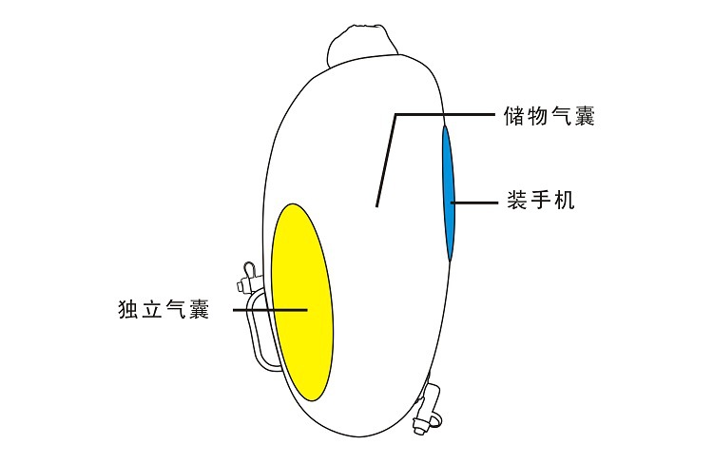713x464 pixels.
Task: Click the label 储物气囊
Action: pos(550,117)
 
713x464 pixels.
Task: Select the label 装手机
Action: pos(540,202)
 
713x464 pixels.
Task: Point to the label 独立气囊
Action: pos(164,310)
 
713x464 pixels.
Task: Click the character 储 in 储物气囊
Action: pos(514,117)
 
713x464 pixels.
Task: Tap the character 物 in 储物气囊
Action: pos(538,117)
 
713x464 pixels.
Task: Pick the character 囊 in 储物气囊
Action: pos(586,117)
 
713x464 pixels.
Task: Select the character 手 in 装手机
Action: pos(540,202)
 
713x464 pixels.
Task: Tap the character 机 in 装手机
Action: pos(564,202)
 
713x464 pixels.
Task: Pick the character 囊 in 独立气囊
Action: pos(199,310)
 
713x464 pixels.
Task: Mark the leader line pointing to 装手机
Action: pos(475,202)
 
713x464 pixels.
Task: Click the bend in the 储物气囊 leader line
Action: pos(395,115)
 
